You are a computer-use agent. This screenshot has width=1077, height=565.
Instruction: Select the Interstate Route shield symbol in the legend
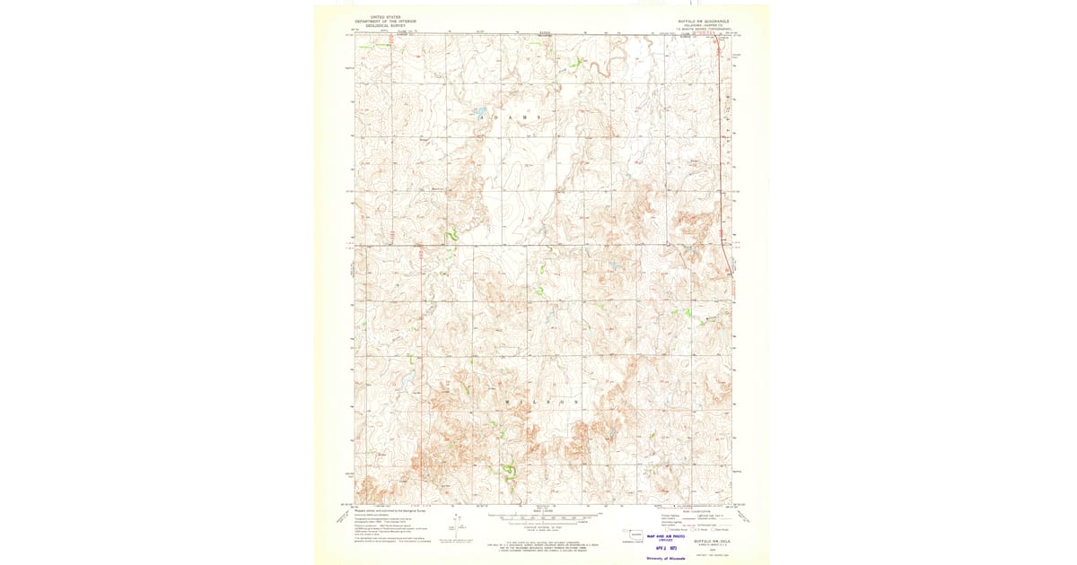pos(665,530)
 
